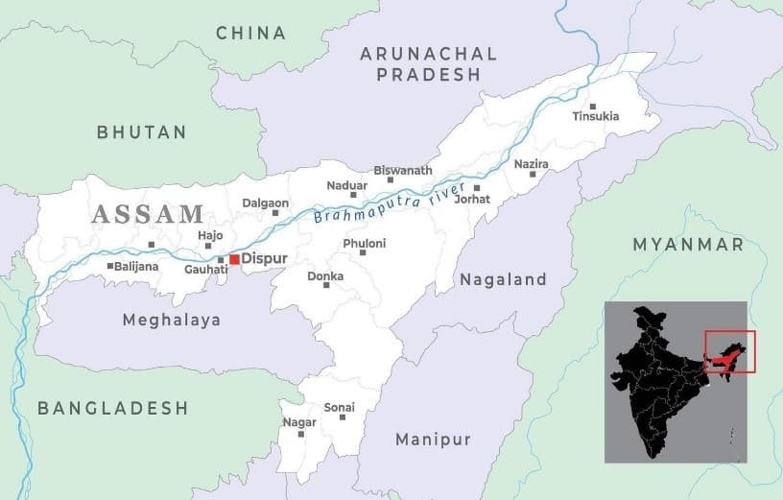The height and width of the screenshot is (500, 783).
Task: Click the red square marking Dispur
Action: [234, 259]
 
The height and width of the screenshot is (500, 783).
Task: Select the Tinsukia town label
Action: [596, 116]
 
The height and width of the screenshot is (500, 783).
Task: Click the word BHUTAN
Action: [142, 132]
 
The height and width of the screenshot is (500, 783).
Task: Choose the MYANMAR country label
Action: [688, 245]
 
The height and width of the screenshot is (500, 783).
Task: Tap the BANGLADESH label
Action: [112, 408]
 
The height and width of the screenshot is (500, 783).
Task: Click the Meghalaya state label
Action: [171, 320]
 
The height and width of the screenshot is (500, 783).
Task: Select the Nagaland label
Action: [503, 280]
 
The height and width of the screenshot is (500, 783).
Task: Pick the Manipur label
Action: [434, 440]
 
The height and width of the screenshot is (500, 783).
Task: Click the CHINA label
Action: [250, 34]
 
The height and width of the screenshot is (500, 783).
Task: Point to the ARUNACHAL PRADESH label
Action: [428, 63]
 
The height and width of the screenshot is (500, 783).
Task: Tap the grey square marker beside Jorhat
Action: [477, 188]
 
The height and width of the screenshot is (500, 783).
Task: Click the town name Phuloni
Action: [364, 244]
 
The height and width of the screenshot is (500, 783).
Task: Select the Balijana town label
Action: [136, 266]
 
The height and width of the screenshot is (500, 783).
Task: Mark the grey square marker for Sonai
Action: [343, 417]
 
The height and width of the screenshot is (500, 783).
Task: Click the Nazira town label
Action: [531, 164]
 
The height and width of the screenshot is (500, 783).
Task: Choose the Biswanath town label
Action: [403, 170]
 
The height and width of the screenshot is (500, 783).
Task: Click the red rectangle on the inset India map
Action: [730, 351]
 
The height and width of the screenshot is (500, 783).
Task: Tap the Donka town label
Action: [325, 276]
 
